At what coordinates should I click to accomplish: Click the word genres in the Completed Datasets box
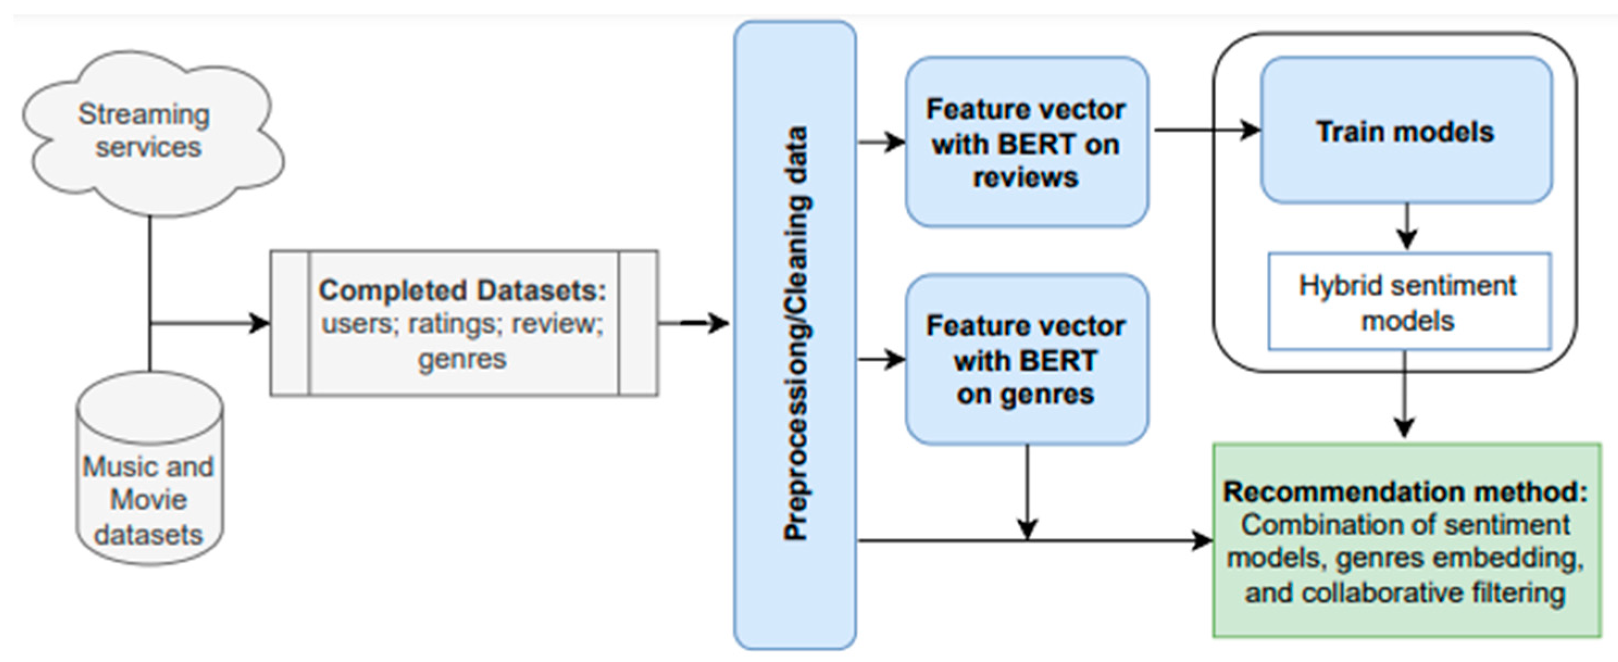463,360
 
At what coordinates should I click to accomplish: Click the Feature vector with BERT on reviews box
1027,142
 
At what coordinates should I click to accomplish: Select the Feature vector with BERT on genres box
1027,359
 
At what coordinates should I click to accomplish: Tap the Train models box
1407,130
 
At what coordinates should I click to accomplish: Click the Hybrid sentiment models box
1409,301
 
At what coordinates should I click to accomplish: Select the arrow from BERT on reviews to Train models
1207,130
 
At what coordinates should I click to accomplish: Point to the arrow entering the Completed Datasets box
210,324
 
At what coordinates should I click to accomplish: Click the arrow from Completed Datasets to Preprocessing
694,324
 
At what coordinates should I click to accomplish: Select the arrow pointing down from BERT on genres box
1027,492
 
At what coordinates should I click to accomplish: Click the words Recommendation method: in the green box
1405,491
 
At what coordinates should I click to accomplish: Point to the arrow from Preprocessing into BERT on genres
882,360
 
